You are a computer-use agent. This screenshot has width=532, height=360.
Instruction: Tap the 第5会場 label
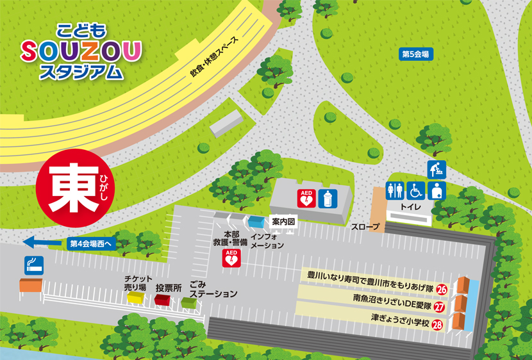click(x=416, y=54)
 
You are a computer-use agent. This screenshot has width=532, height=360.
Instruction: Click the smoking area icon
click(x=33, y=265)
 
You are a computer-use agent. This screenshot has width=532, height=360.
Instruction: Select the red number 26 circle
click(x=441, y=290)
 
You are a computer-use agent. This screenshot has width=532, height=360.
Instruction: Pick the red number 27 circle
click(x=439, y=307)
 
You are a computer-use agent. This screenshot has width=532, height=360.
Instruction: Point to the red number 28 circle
click(x=438, y=324)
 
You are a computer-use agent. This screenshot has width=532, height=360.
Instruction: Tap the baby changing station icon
click(x=436, y=170)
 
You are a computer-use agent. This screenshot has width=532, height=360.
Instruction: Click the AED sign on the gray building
click(x=307, y=198)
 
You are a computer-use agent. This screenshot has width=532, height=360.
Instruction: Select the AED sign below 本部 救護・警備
click(x=231, y=258)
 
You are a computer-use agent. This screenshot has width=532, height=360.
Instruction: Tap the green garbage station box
click(x=189, y=302)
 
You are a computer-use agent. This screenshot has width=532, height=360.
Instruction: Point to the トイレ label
click(x=410, y=207)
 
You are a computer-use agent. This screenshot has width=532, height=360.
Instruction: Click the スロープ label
click(x=365, y=227)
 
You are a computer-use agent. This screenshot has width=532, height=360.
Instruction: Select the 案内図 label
click(x=283, y=222)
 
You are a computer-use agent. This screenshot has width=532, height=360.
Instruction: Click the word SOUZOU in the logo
click(x=81, y=49)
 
